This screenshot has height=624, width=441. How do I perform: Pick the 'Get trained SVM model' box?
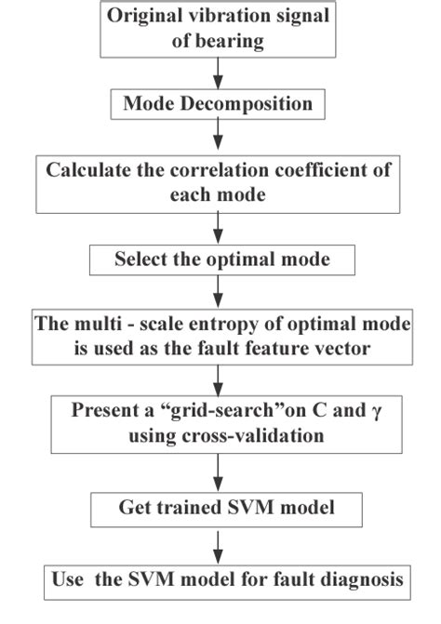pos(220,508)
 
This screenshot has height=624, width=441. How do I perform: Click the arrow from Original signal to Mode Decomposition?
pos(216,73)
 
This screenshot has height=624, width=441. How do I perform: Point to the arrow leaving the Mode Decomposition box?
pos(216,136)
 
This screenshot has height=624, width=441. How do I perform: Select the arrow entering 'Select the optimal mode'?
pos(216,227)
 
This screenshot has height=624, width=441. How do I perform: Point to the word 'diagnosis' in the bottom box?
pos(364,579)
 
